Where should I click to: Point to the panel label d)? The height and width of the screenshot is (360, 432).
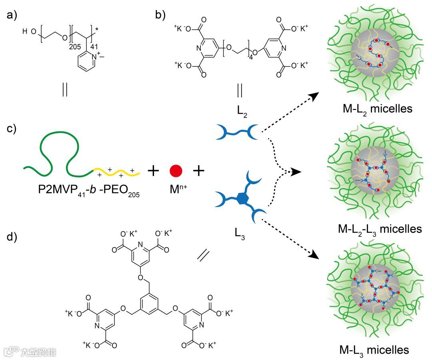point(12,237)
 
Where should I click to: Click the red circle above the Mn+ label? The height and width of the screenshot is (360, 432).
point(176,170)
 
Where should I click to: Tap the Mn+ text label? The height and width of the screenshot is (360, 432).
point(176,189)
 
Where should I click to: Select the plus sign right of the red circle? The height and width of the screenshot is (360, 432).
point(199,171)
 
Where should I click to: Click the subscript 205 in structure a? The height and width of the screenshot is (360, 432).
point(75,47)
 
